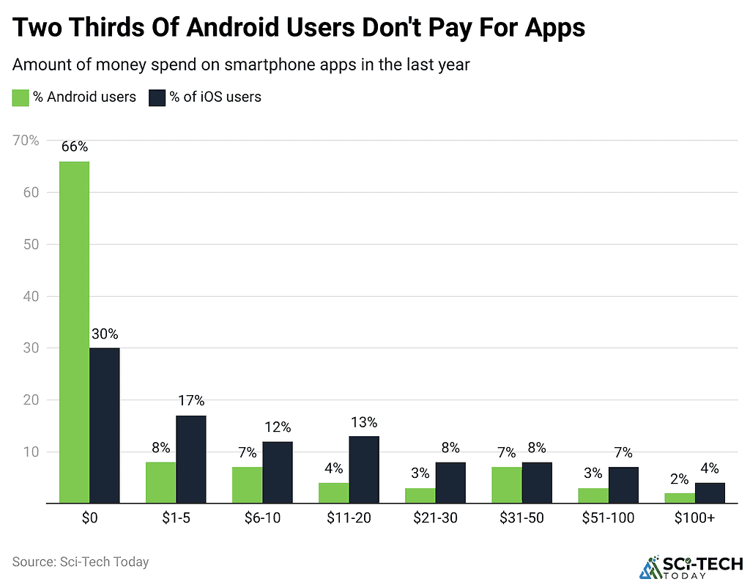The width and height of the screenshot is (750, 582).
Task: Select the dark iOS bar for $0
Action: click(104, 425)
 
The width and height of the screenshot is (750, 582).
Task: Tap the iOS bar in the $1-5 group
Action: click(190, 459)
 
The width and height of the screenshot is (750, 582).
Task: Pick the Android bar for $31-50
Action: click(507, 485)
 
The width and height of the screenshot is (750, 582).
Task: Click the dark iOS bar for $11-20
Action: click(363, 469)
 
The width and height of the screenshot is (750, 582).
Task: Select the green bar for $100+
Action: click(680, 498)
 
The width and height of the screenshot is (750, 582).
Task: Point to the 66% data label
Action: click(74, 147)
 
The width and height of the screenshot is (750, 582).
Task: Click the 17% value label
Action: click(190, 400)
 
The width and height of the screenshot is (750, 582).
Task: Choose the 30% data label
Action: click(104, 334)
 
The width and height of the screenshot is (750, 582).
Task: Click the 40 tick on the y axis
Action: click(31, 296)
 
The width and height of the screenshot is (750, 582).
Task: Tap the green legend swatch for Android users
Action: click(21, 97)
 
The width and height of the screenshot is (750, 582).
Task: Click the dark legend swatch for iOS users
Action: click(157, 97)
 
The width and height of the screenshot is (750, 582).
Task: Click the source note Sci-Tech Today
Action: click(81, 562)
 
